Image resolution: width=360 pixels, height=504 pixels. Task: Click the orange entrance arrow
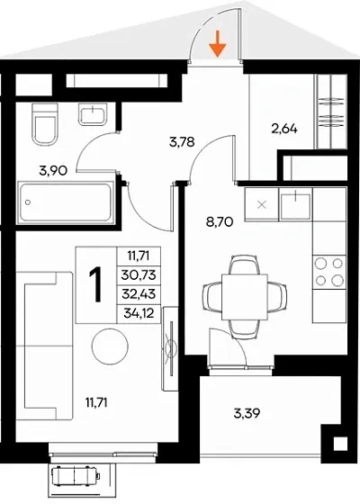[x=218, y=44]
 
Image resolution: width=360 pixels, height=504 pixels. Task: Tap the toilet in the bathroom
[x=45, y=124]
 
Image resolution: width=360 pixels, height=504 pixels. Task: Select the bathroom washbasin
[x=93, y=114]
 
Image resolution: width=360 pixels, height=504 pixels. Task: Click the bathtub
[x=67, y=202]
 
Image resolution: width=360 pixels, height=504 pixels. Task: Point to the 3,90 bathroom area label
[x=53, y=171]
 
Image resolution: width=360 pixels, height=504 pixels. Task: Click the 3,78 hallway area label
[x=182, y=141]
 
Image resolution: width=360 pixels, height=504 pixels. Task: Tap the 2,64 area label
[x=284, y=129]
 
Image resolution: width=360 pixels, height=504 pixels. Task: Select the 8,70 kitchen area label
[x=220, y=221]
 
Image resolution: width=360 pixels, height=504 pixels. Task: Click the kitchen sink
[x=295, y=204]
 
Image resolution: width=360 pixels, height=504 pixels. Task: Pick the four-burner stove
[x=329, y=272]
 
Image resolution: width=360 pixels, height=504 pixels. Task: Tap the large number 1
[x=95, y=284]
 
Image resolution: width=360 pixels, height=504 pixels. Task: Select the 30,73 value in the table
[x=139, y=274]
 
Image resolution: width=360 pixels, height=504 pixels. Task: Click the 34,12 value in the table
[x=139, y=312]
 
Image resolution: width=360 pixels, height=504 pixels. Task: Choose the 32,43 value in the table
[x=139, y=293]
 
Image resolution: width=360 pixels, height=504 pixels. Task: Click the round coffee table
[x=110, y=346]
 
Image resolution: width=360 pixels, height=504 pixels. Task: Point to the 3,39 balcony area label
[x=247, y=413]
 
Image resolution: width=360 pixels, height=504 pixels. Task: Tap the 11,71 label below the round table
[x=96, y=402]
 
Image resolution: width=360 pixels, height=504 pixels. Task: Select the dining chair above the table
[x=245, y=265]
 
